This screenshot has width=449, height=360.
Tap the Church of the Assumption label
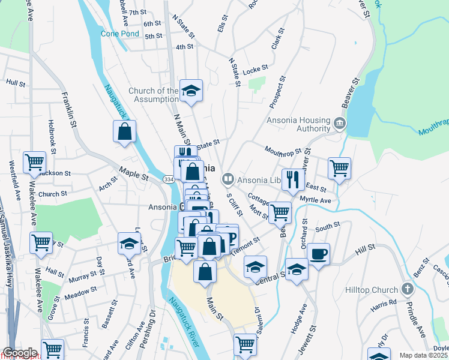[x=153, y=95]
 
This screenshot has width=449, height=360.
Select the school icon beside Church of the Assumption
[x=191, y=91]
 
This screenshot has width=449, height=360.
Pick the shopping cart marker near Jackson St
[x=35, y=162]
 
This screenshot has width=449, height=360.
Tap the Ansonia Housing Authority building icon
[x=339, y=124]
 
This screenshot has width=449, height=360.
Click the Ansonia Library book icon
[x=228, y=178]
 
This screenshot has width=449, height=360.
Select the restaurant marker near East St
[x=293, y=179]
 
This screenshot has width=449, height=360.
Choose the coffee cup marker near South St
[x=319, y=253]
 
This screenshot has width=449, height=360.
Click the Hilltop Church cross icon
[x=408, y=289]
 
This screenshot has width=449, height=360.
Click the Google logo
[x=19, y=353]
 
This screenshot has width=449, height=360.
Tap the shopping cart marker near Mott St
[x=280, y=211]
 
